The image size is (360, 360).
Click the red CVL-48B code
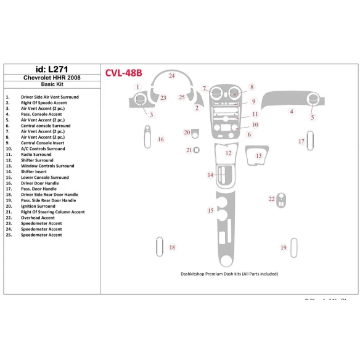tap(129, 73)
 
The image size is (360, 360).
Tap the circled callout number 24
tap(172, 76)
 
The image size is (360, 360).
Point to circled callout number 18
tap(172, 247)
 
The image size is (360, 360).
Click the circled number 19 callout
tap(284, 247)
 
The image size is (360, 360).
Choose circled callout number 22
tap(271, 198)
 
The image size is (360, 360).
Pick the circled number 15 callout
tap(210, 211)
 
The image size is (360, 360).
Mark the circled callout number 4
tap(292, 112)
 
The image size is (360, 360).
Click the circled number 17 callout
tap(301, 141)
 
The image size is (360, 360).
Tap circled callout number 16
tap(160, 139)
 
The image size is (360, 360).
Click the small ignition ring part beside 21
tap(195, 150)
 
